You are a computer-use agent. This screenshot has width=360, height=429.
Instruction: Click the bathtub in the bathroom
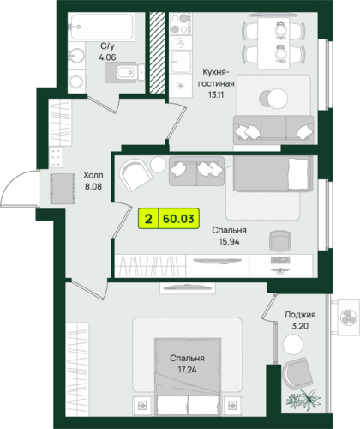point(101,27)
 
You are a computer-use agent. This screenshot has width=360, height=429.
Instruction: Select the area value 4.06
point(107,57)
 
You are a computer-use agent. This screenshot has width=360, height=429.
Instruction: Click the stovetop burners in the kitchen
point(180,24)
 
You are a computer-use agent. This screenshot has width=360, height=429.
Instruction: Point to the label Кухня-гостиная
point(216,77)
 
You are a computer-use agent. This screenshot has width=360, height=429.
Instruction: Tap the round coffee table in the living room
point(273,98)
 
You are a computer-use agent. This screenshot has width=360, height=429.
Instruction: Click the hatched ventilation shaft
point(158,52)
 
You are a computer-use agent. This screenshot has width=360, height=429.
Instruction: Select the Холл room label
point(93,175)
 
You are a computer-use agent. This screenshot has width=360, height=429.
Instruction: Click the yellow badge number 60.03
point(178,219)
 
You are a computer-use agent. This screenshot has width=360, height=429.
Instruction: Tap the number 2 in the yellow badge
point(148,219)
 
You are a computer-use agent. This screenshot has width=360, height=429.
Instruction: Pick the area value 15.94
point(229,242)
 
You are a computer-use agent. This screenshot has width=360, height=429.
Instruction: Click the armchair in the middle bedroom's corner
point(135,175)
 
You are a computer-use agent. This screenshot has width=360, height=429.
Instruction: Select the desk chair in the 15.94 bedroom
point(280,241)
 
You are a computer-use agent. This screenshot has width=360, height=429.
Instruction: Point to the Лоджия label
point(300,315)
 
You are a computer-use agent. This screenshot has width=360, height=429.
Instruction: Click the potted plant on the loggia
point(304,400)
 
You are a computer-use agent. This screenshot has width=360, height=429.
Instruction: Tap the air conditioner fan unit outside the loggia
point(348,317)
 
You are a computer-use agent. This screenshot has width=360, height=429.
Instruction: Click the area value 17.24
point(187,370)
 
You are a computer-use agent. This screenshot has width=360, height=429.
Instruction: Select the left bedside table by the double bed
point(142,405)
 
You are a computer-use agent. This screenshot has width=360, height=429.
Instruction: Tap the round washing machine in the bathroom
point(76,82)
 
